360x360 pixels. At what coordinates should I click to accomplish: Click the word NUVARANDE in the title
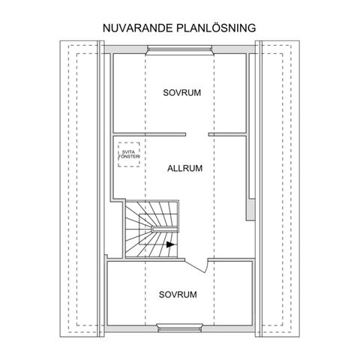click(138, 28)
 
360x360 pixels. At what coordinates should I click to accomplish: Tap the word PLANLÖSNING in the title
click(216, 28)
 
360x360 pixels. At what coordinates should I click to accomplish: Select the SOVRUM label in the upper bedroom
click(182, 93)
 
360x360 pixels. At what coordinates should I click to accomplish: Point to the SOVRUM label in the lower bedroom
click(178, 295)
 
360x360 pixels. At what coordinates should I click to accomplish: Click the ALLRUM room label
click(184, 169)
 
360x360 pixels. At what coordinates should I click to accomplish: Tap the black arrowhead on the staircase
click(170, 244)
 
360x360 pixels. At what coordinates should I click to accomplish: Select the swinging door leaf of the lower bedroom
click(195, 266)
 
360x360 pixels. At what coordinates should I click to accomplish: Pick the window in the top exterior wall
click(179, 49)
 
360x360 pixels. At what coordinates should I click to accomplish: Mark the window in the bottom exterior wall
click(179, 328)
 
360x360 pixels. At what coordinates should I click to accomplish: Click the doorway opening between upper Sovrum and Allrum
click(197, 134)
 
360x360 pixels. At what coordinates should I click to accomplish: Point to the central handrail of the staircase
click(164, 229)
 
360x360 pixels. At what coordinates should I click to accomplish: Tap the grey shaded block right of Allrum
click(250, 209)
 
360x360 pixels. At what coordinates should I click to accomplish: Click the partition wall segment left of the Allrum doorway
click(149, 134)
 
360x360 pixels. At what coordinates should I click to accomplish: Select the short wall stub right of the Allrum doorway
click(227, 134)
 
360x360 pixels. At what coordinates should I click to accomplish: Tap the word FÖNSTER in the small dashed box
click(129, 157)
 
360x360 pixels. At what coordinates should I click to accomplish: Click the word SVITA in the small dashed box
click(128, 152)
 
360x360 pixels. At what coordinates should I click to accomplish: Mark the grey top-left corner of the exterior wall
click(108, 49)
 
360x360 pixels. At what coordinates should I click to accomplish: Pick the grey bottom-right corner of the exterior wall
click(253, 328)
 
